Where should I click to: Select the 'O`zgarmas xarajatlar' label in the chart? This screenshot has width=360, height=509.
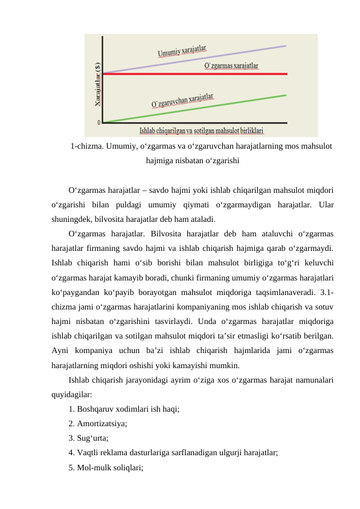pos(231,65)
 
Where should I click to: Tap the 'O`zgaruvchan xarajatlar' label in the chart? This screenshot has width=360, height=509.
pos(182,100)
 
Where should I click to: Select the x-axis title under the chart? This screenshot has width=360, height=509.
pos(202,130)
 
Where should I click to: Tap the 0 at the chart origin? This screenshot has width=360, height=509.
pos(99,123)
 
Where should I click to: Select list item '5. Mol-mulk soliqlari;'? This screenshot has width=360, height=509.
pos(106,467)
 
